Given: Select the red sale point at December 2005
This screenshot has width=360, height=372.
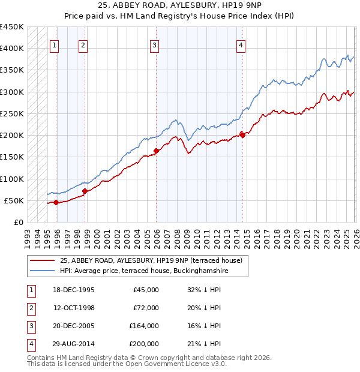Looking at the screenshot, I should coord(156,151).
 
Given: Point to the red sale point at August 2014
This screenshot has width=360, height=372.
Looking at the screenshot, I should coord(242,135).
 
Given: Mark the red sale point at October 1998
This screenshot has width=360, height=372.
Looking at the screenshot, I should coord(85,191).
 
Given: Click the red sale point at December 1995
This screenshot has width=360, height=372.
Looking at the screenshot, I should coord(56,202).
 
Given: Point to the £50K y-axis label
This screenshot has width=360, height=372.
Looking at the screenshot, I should coord(14,200).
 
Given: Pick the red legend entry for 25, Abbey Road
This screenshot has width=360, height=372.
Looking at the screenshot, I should coord(151,260).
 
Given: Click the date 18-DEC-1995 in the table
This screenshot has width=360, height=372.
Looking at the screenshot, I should coord(74,290).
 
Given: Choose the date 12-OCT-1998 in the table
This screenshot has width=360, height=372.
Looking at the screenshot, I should coord(74,308).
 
